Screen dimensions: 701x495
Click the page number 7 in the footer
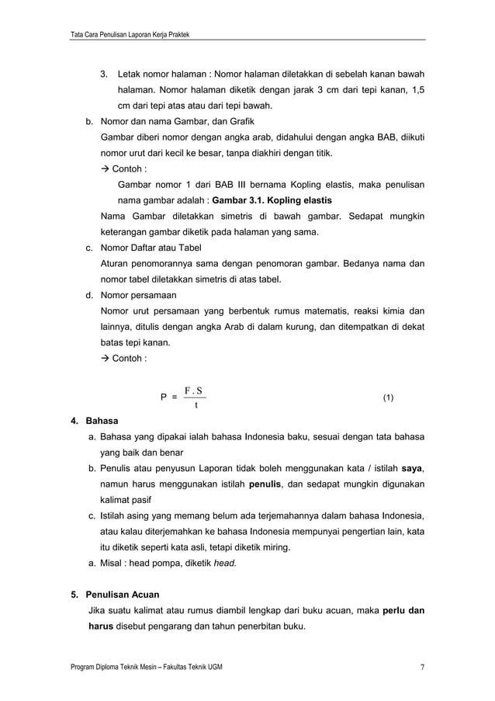pyautogui.click(x=422, y=668)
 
